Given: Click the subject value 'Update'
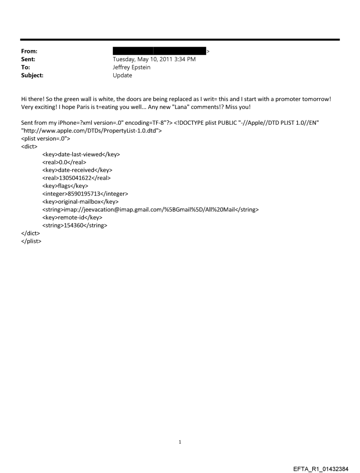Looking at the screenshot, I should tap(122, 75).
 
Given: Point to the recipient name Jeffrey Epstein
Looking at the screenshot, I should tap(131, 67).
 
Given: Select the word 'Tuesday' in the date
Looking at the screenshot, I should tap(125, 60).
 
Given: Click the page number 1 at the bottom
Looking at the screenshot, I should tap(180, 442).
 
